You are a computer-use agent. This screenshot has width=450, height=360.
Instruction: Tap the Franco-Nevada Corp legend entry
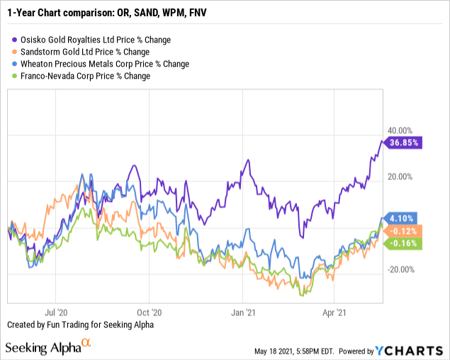tap(84, 76)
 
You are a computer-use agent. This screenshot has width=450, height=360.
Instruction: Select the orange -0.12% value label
tap(405, 231)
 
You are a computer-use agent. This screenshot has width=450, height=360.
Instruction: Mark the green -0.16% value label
tap(405, 243)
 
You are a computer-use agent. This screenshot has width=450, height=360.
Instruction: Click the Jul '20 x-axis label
tap(57, 310)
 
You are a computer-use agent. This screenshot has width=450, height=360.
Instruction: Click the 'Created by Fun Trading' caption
tap(79, 325)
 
